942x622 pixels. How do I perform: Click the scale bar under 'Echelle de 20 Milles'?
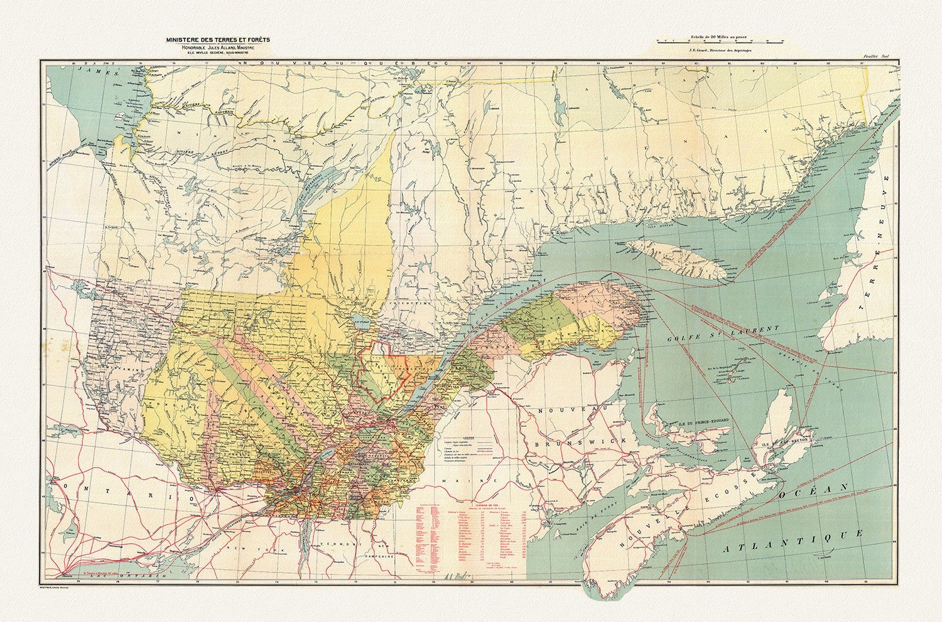point(720,41)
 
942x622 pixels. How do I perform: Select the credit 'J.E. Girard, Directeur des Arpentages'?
point(720,50)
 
